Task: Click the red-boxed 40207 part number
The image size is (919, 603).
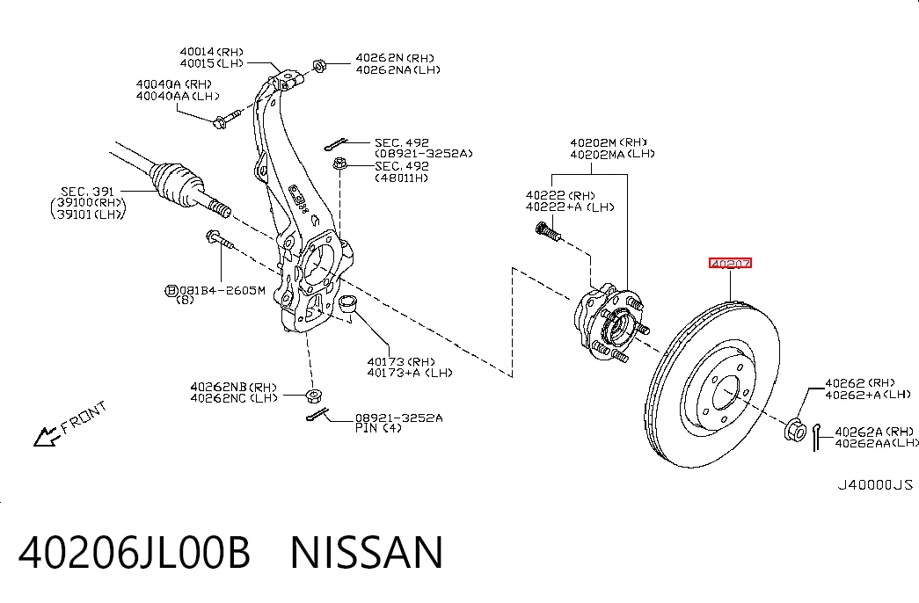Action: coord(730,264)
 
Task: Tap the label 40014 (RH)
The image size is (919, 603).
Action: coord(212,52)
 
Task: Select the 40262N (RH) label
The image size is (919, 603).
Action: coord(395,58)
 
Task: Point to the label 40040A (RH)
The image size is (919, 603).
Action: coord(174,84)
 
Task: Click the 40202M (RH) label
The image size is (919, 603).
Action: coord(609,142)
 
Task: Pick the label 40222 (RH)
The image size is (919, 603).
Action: coord(560,195)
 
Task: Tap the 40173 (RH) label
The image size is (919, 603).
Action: coord(402,361)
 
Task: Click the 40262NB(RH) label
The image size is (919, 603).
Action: coord(233,387)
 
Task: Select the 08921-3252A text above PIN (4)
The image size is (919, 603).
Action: coord(399,418)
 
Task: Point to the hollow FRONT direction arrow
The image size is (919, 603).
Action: coord(47,436)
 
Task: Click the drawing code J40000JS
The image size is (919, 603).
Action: coord(875,484)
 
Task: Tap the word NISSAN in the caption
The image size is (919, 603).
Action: coord(367,552)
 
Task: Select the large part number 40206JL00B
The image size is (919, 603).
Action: coord(135,552)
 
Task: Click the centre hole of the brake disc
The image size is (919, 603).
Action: coord(726,393)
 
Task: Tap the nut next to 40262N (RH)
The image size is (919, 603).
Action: coord(319,65)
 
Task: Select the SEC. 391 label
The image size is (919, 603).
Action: coord(87,192)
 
